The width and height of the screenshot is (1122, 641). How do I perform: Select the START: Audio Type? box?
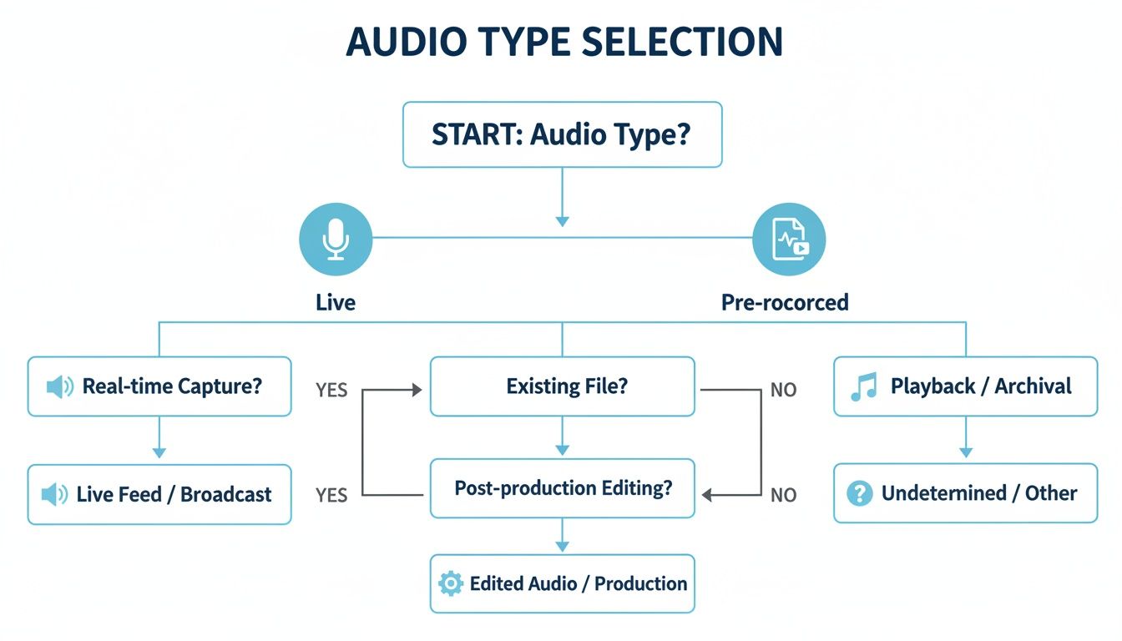(x=562, y=134)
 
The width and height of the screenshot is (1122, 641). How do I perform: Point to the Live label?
(x=336, y=302)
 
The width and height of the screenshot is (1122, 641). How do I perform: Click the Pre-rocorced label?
(x=785, y=302)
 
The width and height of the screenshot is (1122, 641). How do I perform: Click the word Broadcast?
(x=226, y=494)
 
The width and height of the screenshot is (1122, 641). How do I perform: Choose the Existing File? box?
(x=562, y=386)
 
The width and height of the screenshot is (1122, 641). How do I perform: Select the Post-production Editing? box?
(x=562, y=488)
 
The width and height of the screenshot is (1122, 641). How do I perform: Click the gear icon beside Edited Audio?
(x=450, y=583)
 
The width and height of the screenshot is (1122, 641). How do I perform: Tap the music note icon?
(x=863, y=386)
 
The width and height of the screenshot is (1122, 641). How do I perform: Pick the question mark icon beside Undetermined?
(x=859, y=493)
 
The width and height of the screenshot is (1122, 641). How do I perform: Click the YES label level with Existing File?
(x=331, y=391)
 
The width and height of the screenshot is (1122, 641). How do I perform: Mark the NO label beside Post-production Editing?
(x=783, y=495)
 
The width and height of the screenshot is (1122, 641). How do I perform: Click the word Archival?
(x=1033, y=386)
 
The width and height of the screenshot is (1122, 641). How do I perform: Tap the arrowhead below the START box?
(x=562, y=221)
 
